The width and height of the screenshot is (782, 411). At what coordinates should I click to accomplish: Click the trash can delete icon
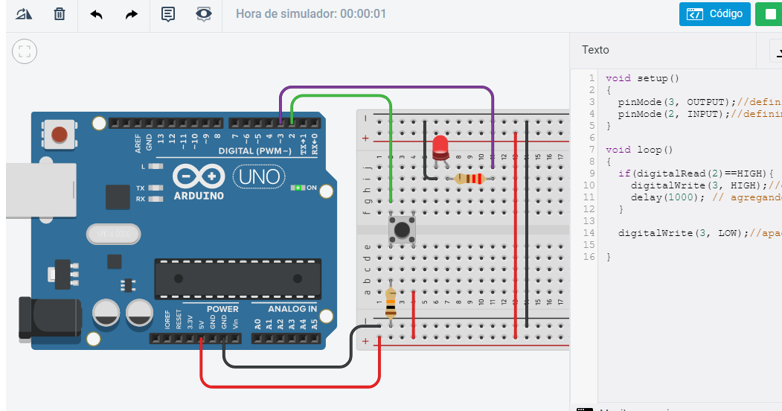(x=60, y=14)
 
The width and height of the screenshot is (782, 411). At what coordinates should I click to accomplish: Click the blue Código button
(x=714, y=14)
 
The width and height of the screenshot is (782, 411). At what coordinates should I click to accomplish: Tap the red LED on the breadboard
(x=440, y=147)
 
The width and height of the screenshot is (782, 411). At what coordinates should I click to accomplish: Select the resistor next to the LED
(x=469, y=179)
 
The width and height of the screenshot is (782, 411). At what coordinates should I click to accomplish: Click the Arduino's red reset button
(x=59, y=134)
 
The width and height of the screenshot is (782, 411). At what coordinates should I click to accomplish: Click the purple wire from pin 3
(x=387, y=88)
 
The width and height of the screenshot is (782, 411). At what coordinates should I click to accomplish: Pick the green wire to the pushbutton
(x=342, y=96)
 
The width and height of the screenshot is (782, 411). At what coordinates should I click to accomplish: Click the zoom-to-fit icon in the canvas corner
(x=25, y=51)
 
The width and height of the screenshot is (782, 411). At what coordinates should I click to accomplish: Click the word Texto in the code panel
(x=595, y=50)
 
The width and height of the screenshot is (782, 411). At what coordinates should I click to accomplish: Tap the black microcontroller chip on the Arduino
(x=237, y=278)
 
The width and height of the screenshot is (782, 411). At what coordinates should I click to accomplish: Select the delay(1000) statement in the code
(x=661, y=197)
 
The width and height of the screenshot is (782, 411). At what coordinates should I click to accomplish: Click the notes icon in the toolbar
(x=167, y=14)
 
